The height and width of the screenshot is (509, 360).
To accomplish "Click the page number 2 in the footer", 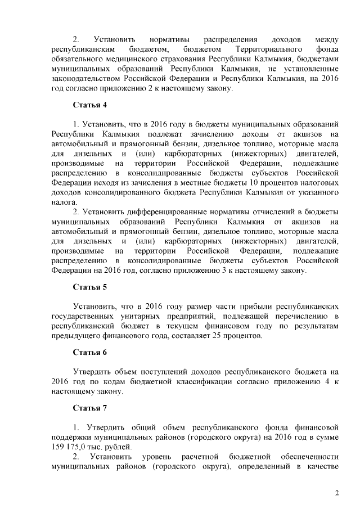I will pos(337,493).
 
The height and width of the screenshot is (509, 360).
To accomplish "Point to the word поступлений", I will pos(158,372).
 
